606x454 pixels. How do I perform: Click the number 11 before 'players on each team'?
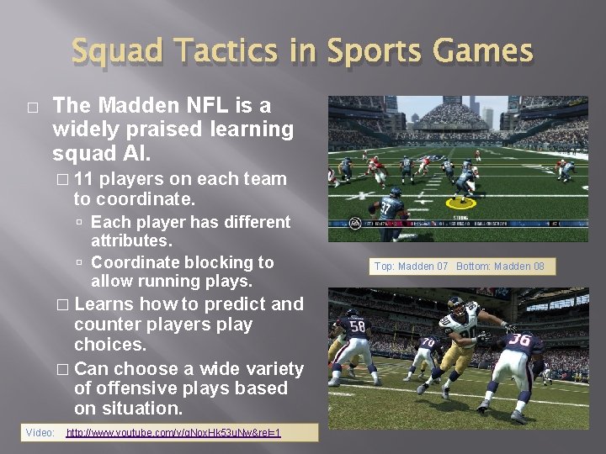coord(84,179)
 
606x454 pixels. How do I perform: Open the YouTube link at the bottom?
coord(173,433)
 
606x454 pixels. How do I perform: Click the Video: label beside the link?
coord(40,433)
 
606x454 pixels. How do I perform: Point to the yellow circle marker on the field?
coord(460,203)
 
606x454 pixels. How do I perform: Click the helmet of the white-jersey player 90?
coord(449,304)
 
